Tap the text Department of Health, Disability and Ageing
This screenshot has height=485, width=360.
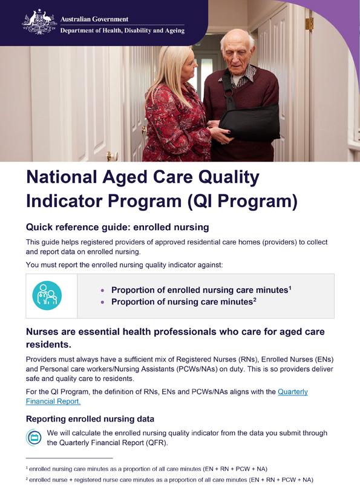click(122, 30)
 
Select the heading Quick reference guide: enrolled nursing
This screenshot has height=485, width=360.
click(117, 228)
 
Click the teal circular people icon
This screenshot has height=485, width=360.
click(47, 295)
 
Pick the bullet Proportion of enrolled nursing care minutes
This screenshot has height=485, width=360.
click(199, 291)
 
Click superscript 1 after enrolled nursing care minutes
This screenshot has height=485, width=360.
click(290, 288)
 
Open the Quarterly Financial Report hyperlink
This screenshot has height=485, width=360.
click(292, 392)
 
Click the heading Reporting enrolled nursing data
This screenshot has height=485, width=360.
click(90, 419)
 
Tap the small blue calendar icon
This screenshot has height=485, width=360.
click(34, 437)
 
